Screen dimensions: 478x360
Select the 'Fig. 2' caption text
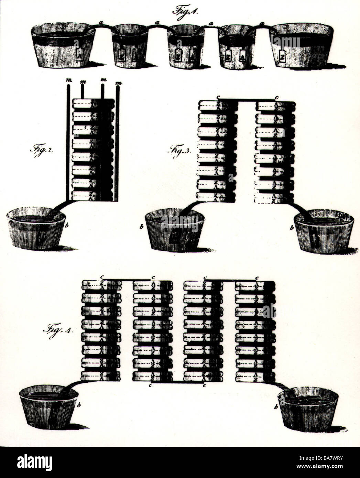[x=40, y=152]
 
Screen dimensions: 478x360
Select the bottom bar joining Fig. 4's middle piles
[x=178, y=382]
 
